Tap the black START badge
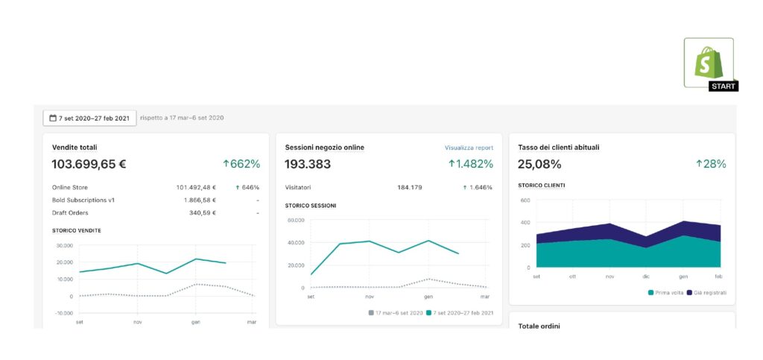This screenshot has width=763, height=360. click(724, 86)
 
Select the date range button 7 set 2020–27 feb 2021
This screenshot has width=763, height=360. click(89, 118)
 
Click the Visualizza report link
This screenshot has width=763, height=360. click(469, 148)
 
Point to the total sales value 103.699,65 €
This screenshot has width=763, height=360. click(89, 164)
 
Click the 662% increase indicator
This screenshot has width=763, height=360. click(241, 164)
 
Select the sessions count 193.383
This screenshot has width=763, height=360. click(308, 164)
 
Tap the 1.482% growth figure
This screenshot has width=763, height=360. click(470, 164)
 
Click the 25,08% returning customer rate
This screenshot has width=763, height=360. click(539, 164)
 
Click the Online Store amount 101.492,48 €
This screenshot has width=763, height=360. click(191, 187)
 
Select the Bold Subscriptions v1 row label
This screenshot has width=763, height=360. click(83, 200)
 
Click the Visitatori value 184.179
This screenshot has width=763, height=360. click(409, 187)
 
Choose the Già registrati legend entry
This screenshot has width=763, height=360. click(709, 293)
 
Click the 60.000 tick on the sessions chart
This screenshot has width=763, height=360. click(295, 220)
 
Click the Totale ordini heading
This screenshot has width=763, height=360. click(539, 326)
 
